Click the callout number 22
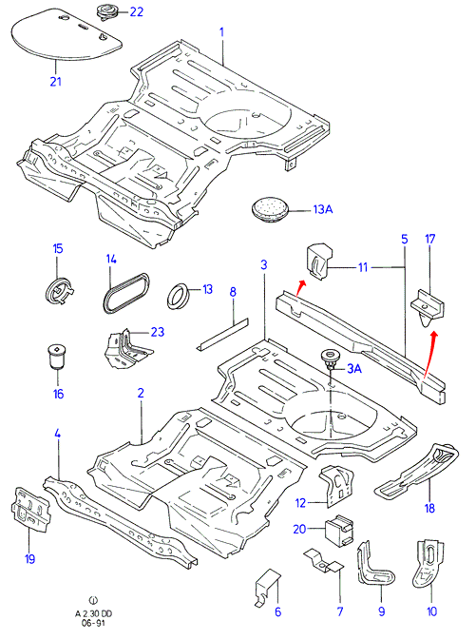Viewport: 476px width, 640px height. [137, 11]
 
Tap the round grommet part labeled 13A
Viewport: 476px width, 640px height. [270, 209]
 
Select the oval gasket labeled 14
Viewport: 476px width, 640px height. [125, 293]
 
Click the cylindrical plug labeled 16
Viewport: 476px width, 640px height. [56, 357]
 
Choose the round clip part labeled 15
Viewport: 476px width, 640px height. [59, 289]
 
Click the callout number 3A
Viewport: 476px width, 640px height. [354, 369]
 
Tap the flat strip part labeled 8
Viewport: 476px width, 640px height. [222, 334]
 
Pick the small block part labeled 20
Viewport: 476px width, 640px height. [338, 531]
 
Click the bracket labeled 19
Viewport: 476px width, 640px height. [31, 510]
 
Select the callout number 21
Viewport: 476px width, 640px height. [55, 81]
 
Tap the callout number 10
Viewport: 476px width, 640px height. [431, 611]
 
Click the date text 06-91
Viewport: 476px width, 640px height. [93, 623]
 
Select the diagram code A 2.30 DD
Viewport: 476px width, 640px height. [93, 613]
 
